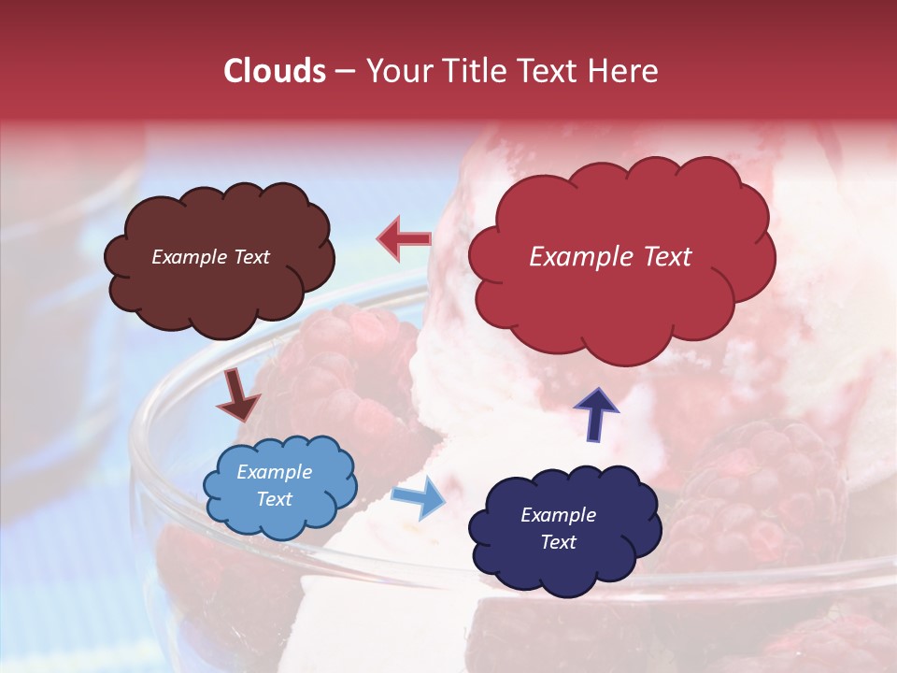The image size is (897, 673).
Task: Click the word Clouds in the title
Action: click(274, 71)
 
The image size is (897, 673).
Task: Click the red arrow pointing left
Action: click(404, 239)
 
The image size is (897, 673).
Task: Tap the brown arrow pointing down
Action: click(237, 394)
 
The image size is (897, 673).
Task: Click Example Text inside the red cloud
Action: click(610, 257)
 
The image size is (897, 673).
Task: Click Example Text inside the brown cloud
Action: click(210, 257)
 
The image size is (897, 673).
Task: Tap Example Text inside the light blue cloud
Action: click(274, 486)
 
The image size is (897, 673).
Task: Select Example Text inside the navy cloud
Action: click(558, 528)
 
